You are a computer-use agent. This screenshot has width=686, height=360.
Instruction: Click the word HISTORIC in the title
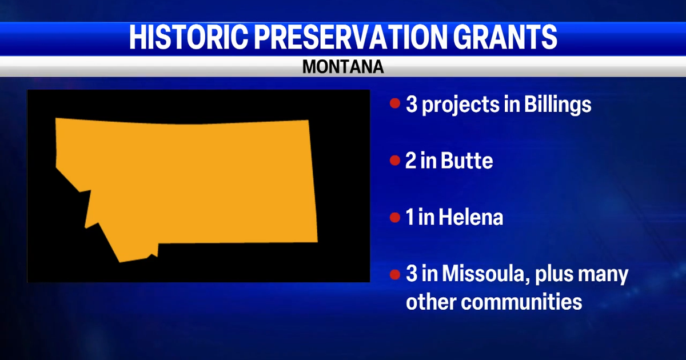[x=188, y=37]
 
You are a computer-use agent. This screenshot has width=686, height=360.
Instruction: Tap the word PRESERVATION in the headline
[x=351, y=37]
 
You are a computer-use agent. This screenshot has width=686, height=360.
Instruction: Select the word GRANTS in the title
[x=505, y=37]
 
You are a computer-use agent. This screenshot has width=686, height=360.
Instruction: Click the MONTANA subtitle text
[x=343, y=66]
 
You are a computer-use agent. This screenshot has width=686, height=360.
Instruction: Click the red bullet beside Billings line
[x=395, y=103]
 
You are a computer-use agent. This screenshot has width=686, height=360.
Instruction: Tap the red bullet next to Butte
[x=395, y=161]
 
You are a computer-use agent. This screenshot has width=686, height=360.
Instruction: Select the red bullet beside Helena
[x=395, y=217]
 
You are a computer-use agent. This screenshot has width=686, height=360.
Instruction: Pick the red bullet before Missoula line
[x=395, y=274]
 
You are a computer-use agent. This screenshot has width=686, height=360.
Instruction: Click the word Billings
[x=557, y=105]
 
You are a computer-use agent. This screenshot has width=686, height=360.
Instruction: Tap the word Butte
[x=466, y=161]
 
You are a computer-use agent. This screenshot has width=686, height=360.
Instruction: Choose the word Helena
[x=470, y=217]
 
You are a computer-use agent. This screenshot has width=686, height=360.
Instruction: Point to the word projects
[x=460, y=106]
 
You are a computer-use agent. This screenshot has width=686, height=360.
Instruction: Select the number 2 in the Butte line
[x=411, y=161]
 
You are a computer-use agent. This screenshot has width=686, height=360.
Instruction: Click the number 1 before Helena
[x=410, y=218]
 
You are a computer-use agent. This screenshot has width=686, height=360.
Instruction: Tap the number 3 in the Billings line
[x=411, y=104]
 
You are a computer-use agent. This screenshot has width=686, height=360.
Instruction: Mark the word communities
[x=521, y=302]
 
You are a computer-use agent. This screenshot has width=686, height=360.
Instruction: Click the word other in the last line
[x=431, y=302]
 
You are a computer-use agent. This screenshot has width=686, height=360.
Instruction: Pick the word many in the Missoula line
[x=603, y=275]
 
